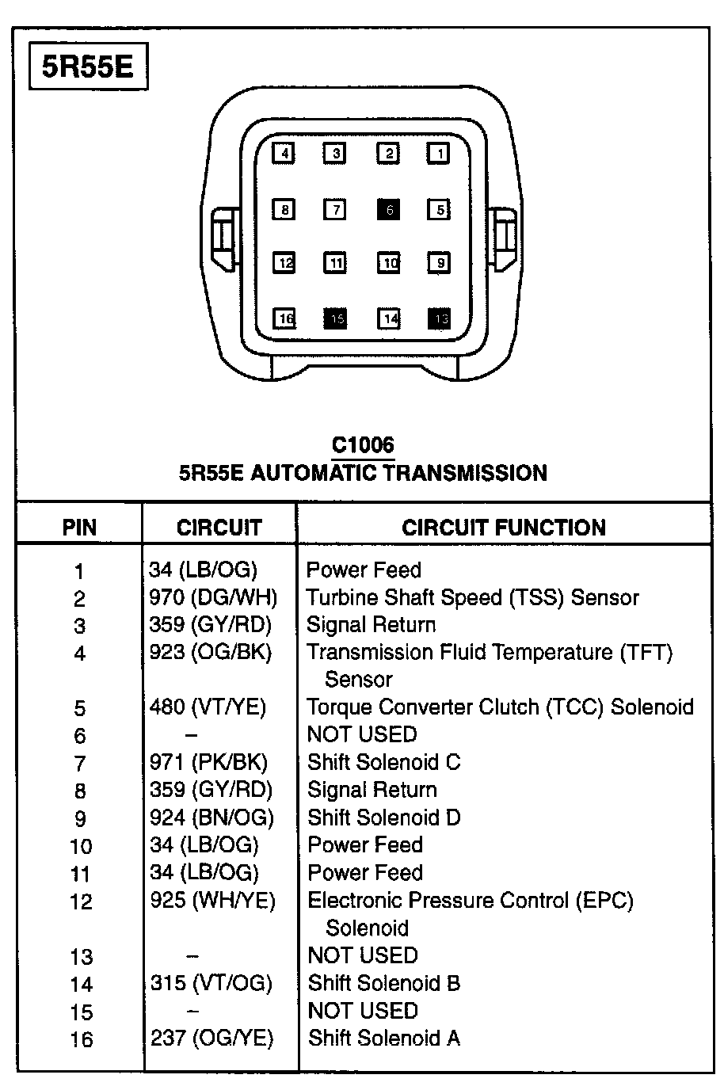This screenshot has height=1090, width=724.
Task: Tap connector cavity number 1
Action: [439, 153]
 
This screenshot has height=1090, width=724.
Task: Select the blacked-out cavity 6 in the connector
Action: [388, 210]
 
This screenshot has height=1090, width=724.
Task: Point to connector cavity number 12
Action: [285, 262]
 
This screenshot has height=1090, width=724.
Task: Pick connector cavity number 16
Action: [285, 318]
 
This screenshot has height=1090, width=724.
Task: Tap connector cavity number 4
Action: [284, 153]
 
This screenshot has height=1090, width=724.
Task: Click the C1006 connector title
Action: [363, 445]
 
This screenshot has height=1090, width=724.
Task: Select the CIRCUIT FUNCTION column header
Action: [504, 528]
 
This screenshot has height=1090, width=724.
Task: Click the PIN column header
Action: [79, 528]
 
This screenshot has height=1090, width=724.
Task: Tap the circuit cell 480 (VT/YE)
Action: [208, 707]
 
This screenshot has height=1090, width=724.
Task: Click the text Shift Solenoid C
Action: [383, 762]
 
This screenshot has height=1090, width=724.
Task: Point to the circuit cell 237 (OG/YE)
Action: [211, 1038]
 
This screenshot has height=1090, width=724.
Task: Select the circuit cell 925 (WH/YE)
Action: [212, 900]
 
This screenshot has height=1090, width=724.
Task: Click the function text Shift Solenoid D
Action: [383, 817]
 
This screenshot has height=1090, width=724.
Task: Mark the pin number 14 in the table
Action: [81, 985]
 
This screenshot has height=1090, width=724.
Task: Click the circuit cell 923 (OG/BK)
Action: [210, 652]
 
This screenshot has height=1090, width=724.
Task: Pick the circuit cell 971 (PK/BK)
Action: [208, 762]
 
